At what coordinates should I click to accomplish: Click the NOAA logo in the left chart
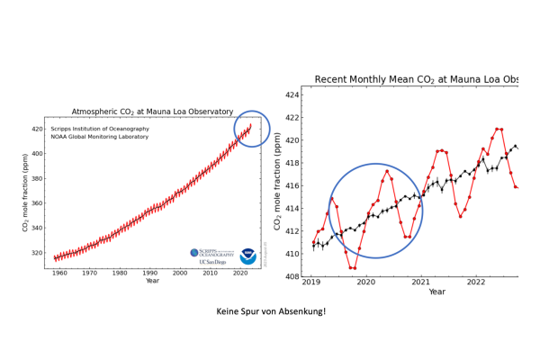click(x=247, y=256)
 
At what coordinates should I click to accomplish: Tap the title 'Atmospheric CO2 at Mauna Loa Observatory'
click(x=152, y=112)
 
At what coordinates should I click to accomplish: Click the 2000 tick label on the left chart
click(x=180, y=273)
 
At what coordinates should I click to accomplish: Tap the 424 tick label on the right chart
click(x=291, y=94)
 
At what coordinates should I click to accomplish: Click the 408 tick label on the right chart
click(x=291, y=277)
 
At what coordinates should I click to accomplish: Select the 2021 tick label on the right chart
click(x=421, y=283)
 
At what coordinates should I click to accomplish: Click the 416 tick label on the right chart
click(x=291, y=186)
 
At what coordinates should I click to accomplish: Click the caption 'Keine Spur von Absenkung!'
click(x=271, y=312)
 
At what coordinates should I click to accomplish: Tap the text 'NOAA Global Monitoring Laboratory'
click(x=100, y=136)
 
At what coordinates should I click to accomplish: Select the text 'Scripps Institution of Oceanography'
click(x=100, y=129)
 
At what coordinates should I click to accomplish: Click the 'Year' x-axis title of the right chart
click(x=436, y=292)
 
